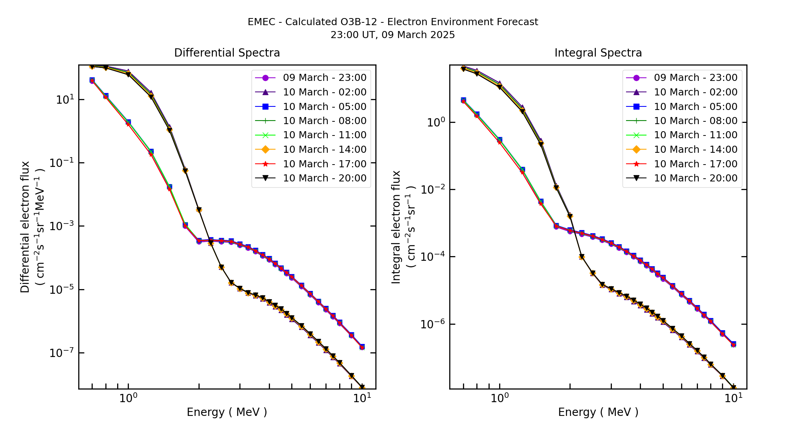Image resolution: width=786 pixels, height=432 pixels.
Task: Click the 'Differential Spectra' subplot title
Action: tap(227, 53)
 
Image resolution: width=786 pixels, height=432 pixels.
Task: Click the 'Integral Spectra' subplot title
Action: tap(598, 53)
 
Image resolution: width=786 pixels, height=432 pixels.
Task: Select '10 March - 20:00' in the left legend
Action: tap(325, 178)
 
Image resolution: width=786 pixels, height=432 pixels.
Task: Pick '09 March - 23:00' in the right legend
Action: tap(696, 78)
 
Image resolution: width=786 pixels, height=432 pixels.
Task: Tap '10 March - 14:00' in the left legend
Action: tap(325, 150)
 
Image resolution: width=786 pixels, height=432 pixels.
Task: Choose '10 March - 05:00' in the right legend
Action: tap(696, 106)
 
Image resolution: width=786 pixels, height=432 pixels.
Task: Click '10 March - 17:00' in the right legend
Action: tap(696, 164)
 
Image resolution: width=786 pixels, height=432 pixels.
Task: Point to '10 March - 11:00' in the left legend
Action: tap(325, 135)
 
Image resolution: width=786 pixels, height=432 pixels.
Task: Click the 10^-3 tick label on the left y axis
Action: tap(62, 226)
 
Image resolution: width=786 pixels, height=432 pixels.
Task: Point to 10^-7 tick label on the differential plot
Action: tap(62, 353)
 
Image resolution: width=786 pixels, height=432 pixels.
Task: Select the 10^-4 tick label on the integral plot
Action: tap(433, 257)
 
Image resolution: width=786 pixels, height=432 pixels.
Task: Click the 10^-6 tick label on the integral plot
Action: tap(433, 324)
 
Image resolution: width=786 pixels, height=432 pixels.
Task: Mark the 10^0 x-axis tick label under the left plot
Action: tap(128, 398)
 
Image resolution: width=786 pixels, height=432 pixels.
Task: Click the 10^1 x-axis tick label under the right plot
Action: tap(733, 398)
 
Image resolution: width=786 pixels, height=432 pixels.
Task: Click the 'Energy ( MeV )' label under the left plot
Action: tap(227, 412)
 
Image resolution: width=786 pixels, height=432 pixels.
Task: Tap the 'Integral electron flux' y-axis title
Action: tap(396, 227)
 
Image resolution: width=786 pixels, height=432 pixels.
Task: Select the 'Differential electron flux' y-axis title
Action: tap(25, 227)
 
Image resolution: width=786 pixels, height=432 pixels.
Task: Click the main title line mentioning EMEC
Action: tap(393, 22)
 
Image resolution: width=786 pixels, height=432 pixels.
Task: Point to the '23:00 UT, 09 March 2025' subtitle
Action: tap(393, 35)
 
